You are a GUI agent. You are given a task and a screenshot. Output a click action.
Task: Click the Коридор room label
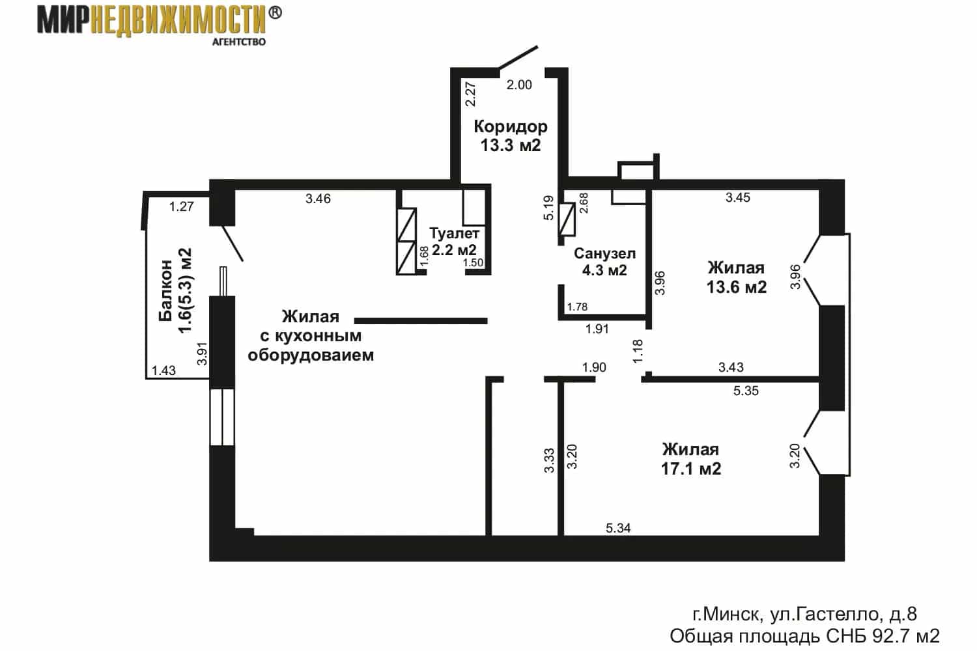[510, 127]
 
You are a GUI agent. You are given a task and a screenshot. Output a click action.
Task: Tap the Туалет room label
[455, 233]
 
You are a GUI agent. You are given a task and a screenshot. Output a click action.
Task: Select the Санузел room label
[604, 253]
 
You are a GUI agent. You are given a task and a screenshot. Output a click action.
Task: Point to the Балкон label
[165, 290]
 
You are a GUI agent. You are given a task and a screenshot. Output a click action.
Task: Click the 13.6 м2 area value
[736, 287]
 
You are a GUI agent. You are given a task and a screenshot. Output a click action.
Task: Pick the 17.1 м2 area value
[691, 469]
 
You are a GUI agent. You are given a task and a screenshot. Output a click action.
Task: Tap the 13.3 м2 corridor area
[510, 145]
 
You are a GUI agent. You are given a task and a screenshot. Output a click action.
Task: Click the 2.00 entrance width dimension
[519, 85]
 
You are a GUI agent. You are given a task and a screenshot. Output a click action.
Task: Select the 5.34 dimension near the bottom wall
[618, 528]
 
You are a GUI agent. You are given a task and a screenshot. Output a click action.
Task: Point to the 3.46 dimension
[318, 199]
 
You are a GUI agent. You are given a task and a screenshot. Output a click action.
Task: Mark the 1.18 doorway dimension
[637, 351]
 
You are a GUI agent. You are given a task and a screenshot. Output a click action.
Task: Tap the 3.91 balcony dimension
[201, 353]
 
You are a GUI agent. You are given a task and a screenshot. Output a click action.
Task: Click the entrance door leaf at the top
[518, 57]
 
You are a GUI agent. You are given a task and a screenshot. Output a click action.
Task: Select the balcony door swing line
[233, 243]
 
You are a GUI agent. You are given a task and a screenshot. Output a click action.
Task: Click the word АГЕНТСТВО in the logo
[238, 42]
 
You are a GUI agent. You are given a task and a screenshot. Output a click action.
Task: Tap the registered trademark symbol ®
[274, 12]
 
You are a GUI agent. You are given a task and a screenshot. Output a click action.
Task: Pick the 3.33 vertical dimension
[549, 460]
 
